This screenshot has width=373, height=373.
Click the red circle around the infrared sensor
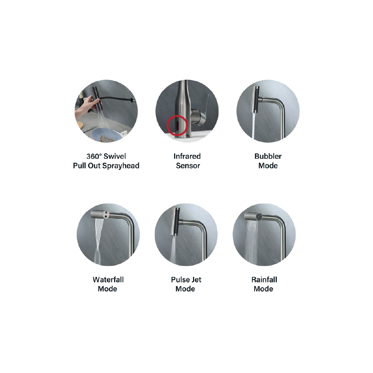point(167,126)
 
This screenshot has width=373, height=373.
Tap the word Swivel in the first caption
point(115,156)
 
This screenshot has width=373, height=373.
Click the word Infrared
point(187,156)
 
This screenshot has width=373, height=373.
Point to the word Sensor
point(188,166)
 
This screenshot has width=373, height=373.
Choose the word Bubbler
point(268,156)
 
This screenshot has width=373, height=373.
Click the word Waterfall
point(108,279)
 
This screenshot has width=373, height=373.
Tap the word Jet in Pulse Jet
point(196,279)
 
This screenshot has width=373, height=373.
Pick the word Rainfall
point(264,279)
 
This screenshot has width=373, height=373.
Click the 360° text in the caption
point(94,156)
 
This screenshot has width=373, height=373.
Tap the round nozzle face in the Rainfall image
point(259,217)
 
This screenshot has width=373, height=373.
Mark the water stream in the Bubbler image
point(254,126)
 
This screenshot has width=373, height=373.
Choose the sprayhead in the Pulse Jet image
point(176,222)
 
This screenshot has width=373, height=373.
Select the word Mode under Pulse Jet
point(185,289)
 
